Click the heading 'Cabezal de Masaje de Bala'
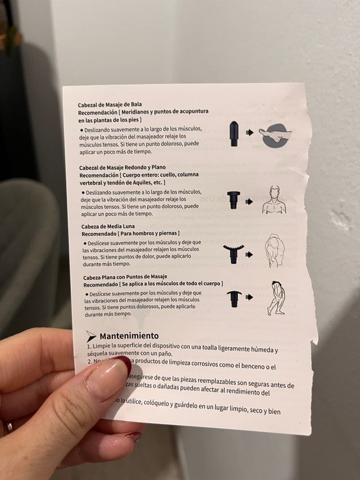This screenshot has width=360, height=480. click(x=110, y=105)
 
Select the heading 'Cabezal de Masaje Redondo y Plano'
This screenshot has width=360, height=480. click(x=121, y=168)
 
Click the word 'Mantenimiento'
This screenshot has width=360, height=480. click(x=129, y=336)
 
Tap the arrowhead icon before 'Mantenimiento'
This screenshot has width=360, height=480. click(x=91, y=336)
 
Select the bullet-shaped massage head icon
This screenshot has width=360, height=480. click(x=233, y=133)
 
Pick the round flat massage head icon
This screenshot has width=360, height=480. click(x=232, y=200)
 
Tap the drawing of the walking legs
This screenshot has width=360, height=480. click(x=276, y=298)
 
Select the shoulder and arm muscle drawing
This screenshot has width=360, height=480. click(x=274, y=250)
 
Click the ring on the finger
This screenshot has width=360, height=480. click(x=9, y=427)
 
